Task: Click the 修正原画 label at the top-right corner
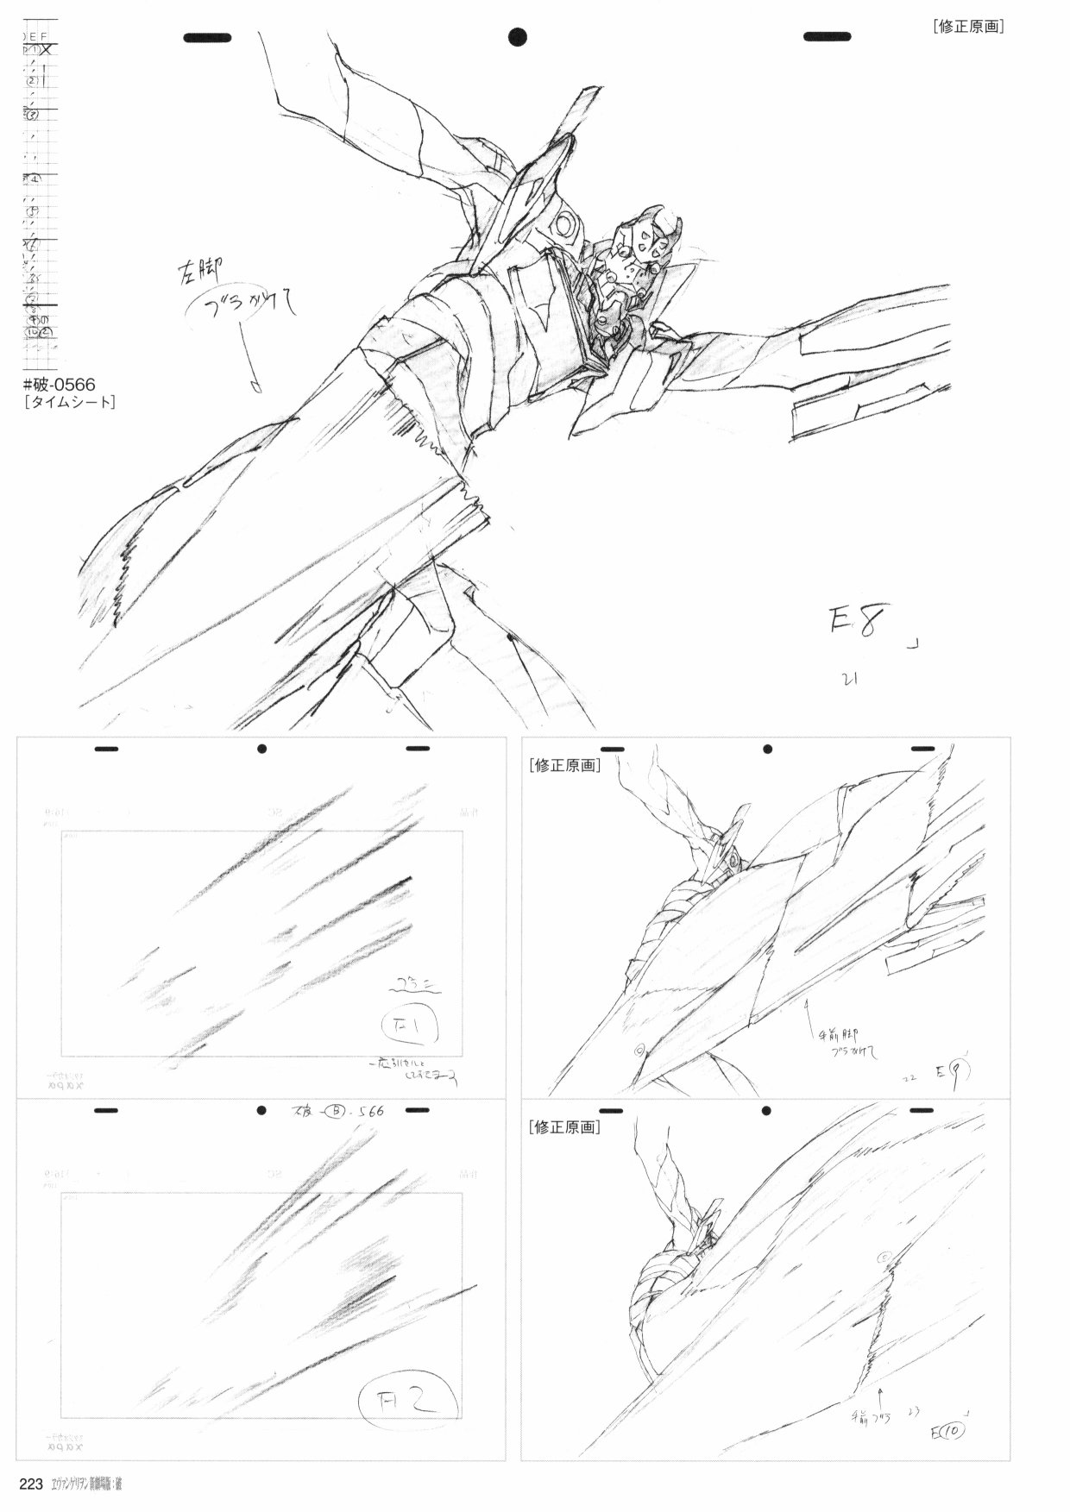tap(968, 26)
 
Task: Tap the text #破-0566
tap(60, 384)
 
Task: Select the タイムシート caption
tap(71, 402)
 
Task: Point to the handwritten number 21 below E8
tap(849, 679)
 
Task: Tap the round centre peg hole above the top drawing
tap(518, 36)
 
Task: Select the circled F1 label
tap(411, 1026)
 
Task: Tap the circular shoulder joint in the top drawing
tap(567, 226)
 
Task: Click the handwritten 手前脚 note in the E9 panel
tap(833, 1033)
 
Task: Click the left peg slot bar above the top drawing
tap(207, 37)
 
